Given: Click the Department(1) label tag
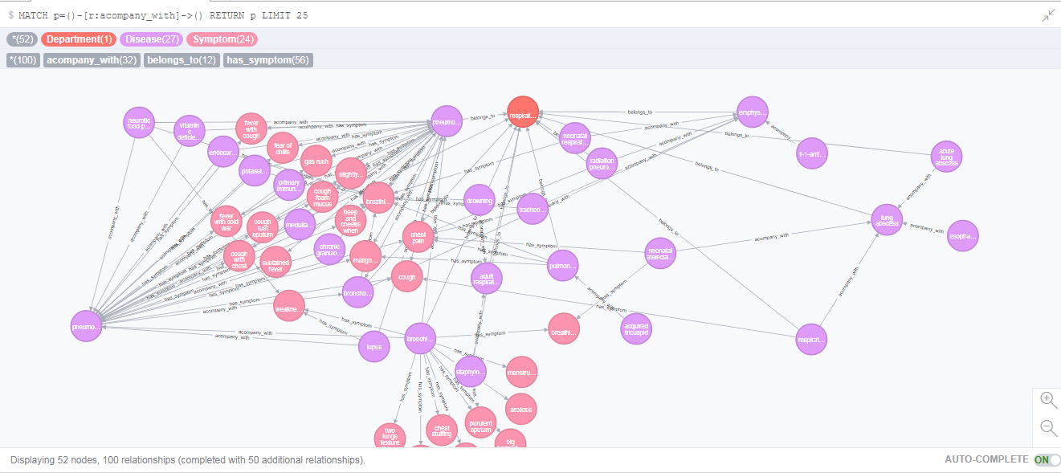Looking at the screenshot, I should tap(79, 39).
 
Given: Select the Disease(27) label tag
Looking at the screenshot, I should tap(151, 39).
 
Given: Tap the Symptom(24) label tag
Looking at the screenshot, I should tap(222, 39).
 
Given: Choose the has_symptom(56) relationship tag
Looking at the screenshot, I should tap(267, 60).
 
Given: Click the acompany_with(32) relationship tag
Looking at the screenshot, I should tap(92, 60).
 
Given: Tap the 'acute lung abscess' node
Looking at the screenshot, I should tap(946, 157).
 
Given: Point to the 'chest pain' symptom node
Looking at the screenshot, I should tap(418, 236).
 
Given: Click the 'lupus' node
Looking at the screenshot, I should tap(373, 347).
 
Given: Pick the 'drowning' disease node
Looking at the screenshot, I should tap(479, 201).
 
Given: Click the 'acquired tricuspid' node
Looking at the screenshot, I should tap(636, 328).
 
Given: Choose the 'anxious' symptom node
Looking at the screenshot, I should tap(520, 410).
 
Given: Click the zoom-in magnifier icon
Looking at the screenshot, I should tap(1048, 399).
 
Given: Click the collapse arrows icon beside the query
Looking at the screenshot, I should tap(1048, 15).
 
